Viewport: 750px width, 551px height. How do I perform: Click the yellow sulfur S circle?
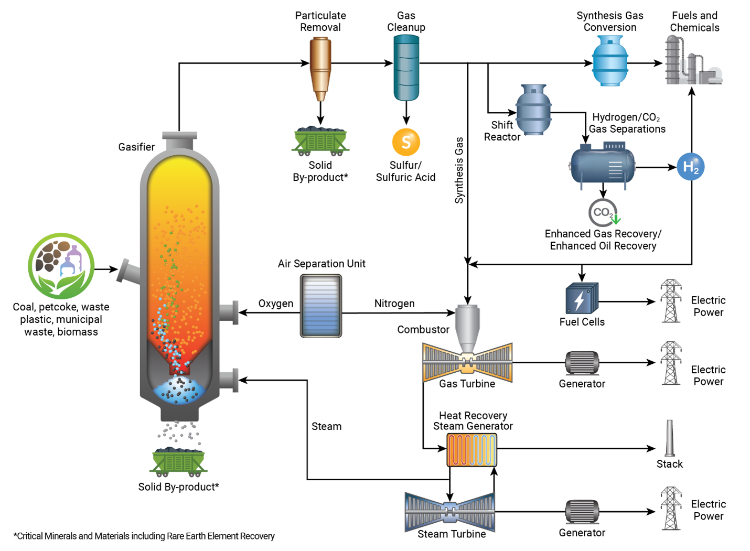(406, 142)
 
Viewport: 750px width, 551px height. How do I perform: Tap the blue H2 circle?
(690, 167)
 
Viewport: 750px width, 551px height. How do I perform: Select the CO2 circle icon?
(602, 212)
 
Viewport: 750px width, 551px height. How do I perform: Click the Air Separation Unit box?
(321, 306)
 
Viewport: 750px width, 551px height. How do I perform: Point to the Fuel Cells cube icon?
(581, 299)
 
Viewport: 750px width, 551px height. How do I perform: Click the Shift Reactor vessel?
(533, 110)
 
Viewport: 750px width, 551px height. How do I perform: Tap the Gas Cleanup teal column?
(406, 67)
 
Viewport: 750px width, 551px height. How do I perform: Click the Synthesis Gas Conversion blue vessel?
(610, 61)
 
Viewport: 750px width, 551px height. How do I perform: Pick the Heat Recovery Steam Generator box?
(472, 449)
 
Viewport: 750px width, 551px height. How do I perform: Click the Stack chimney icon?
(670, 438)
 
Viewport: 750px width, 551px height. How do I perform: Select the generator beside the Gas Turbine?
(582, 363)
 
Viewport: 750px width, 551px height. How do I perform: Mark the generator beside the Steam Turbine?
(582, 512)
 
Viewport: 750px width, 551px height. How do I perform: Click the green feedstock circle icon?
(61, 266)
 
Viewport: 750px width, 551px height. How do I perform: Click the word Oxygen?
(275, 304)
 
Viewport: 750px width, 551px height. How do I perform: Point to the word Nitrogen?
(394, 304)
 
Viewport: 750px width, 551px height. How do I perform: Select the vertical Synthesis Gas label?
(459, 170)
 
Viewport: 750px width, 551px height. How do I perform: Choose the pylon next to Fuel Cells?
(671, 301)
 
